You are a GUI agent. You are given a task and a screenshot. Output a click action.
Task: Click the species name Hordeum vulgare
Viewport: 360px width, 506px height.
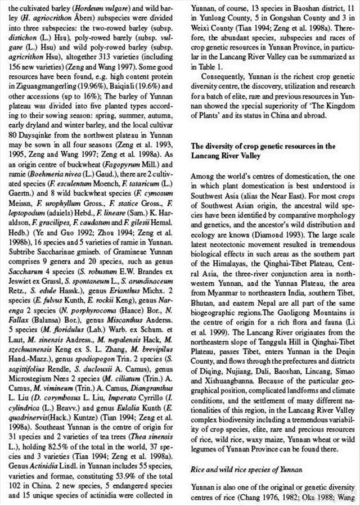click(100, 9)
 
